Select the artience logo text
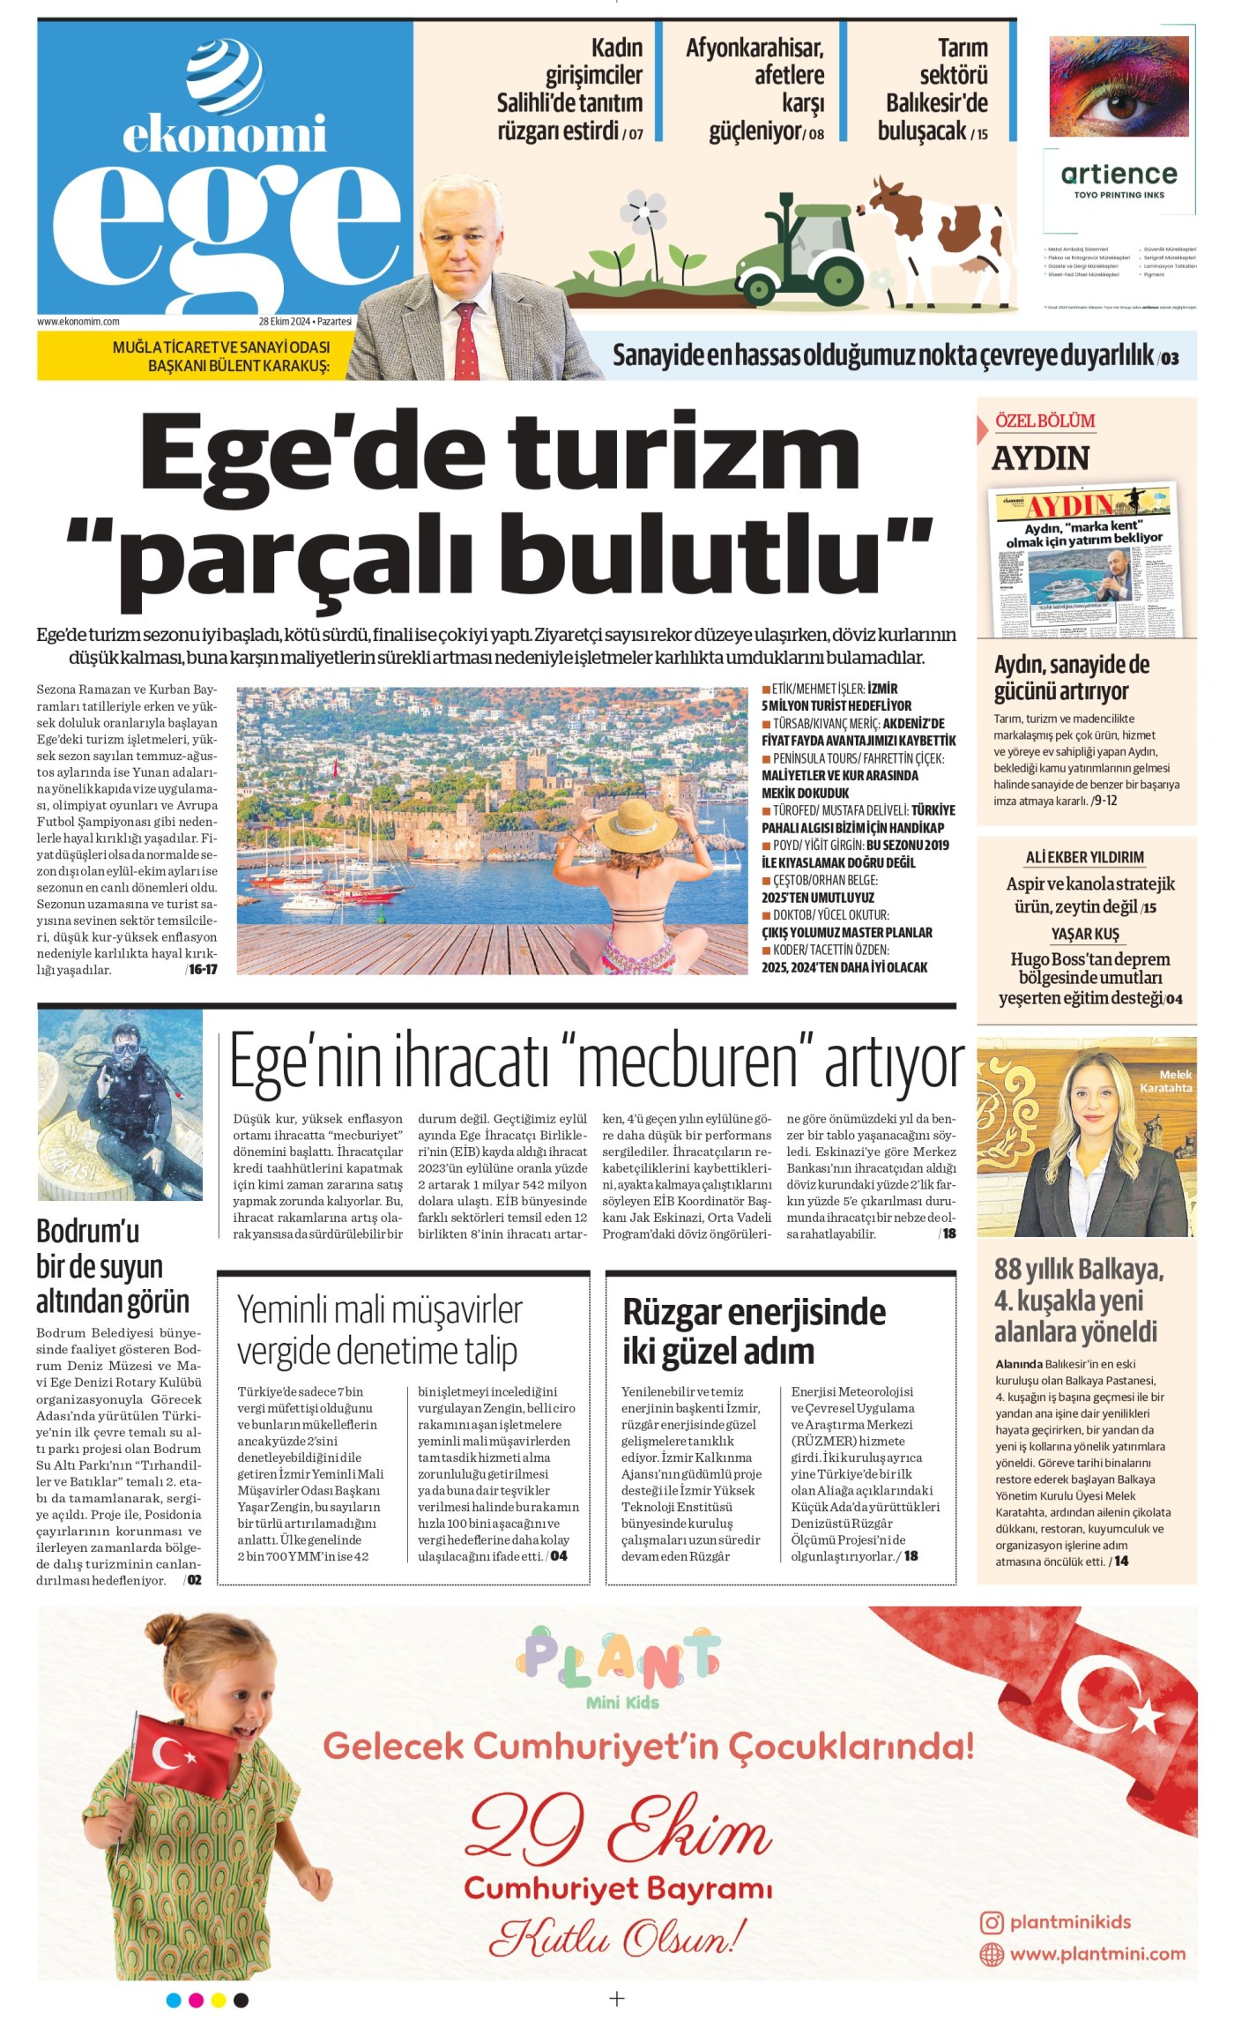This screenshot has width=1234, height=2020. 1119,174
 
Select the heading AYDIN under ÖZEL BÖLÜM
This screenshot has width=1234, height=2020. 1040,458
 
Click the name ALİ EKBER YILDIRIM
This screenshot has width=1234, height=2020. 1084,857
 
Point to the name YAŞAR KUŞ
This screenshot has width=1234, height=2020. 1084,934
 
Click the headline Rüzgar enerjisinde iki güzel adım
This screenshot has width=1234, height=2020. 754,1331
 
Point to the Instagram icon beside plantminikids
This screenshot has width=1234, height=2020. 992,1922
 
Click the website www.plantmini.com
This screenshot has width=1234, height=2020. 1096,1954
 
